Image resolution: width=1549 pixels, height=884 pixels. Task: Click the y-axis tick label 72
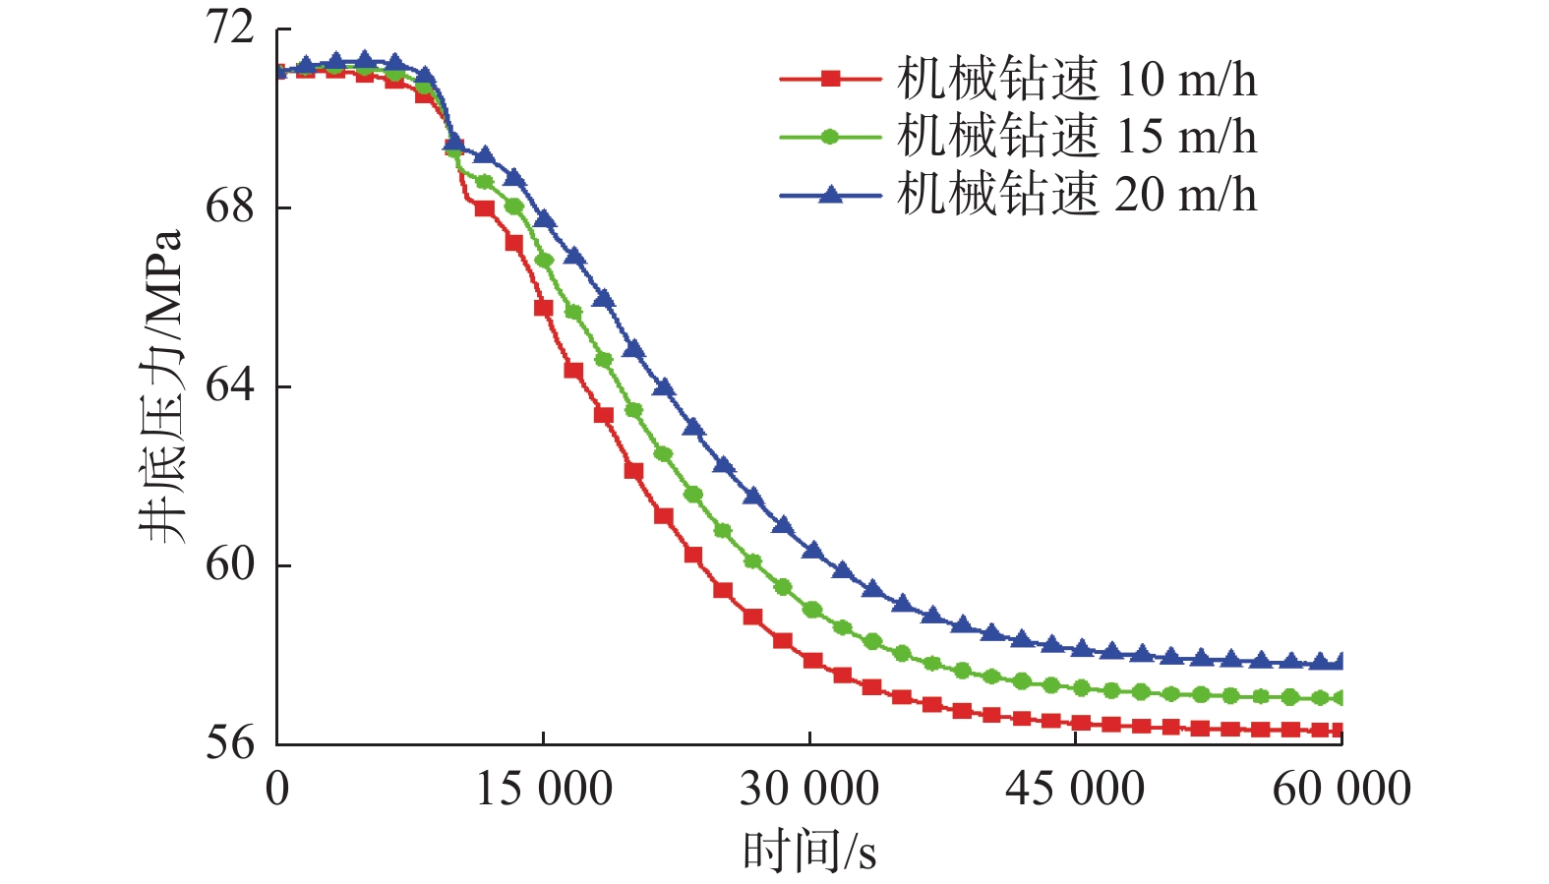click(x=229, y=28)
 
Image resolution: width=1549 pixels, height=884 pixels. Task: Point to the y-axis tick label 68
click(x=229, y=207)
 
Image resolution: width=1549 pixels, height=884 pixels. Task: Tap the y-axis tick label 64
click(x=229, y=385)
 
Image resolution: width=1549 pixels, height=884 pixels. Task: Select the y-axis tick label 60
click(x=229, y=564)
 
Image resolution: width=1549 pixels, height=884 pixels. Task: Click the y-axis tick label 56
click(x=229, y=743)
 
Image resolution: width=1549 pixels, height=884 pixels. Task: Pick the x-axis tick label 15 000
click(x=544, y=789)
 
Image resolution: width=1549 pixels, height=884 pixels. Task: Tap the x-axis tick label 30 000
click(x=809, y=789)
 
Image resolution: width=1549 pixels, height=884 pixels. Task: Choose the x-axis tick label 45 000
click(x=1075, y=789)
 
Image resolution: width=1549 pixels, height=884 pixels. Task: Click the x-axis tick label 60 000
click(x=1341, y=789)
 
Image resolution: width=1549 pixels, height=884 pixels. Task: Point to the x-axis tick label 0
click(x=277, y=789)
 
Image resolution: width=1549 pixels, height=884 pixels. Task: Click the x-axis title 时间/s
click(x=809, y=851)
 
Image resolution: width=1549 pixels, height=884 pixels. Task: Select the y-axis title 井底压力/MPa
click(x=160, y=385)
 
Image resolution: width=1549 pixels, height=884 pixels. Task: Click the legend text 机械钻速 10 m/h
click(x=1076, y=79)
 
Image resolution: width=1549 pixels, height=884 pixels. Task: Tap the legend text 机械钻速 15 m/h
click(x=1076, y=137)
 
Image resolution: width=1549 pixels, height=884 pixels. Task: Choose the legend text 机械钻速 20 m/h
click(x=1076, y=195)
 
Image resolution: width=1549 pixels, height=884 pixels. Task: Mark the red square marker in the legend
click(x=830, y=79)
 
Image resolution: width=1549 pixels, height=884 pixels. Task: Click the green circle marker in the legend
click(x=830, y=137)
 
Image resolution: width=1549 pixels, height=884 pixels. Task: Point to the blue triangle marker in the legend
click(x=830, y=195)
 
